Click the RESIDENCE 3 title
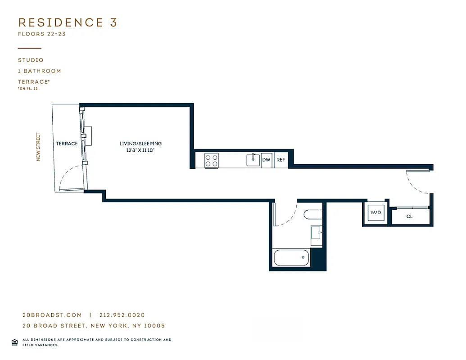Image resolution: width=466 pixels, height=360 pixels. coord(68,22)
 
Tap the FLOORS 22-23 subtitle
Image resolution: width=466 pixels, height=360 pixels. coord(42,34)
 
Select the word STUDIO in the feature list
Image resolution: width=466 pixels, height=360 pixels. coord(31,60)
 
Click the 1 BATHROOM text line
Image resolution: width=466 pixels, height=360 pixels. coord(39,71)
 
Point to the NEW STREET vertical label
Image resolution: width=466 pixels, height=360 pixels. coord(38,147)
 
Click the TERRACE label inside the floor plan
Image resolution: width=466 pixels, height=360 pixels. coord(67,144)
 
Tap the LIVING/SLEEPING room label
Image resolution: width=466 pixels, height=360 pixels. coord(140,144)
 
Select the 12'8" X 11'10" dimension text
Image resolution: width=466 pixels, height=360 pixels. coord(140,151)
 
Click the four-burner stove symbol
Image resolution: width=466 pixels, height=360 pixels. coord(211,160)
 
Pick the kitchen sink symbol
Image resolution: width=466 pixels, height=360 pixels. coord(253,160)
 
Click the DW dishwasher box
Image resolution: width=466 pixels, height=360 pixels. coord(267,160)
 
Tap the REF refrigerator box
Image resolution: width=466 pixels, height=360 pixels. coord(281,160)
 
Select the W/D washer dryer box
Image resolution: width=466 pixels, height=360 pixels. coord(376,212)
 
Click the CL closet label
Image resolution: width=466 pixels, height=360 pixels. coord(409,216)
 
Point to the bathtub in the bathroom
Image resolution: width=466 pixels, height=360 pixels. coord(292,257)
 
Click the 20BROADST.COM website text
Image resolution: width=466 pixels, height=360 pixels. coord(52,315)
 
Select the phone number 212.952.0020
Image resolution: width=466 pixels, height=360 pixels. coord(122,315)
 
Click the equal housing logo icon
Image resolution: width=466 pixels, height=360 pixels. coord(14,342)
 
